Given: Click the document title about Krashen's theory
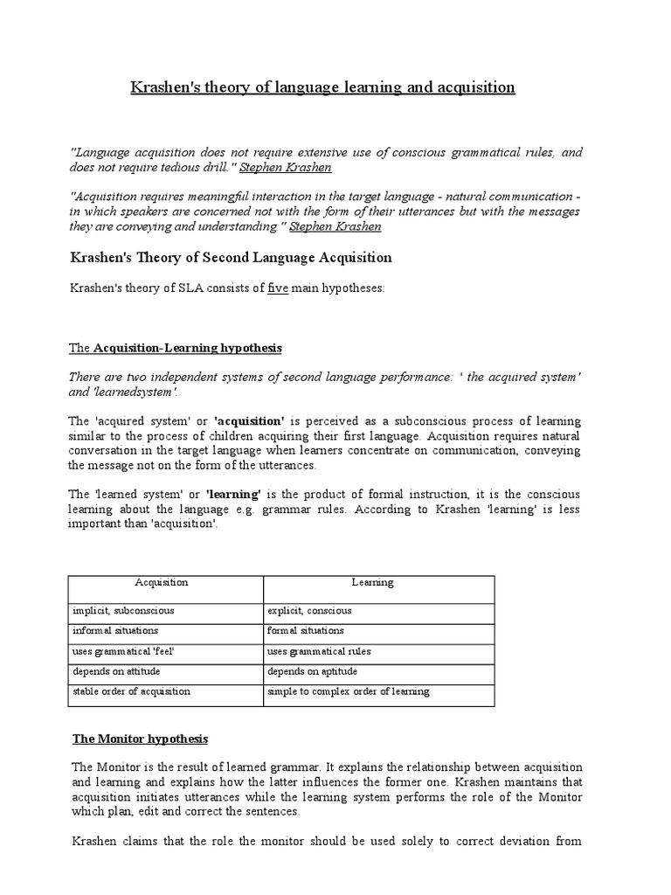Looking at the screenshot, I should click(x=322, y=87).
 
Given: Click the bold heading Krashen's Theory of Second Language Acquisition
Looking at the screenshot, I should click(x=231, y=257).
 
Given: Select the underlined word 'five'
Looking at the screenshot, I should click(x=278, y=288).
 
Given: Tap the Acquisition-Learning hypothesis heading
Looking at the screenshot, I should click(x=176, y=348).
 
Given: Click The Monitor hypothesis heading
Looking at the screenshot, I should click(x=140, y=739).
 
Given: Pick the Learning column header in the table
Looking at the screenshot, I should click(x=373, y=582).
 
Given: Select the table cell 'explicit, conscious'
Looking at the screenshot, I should click(x=309, y=611).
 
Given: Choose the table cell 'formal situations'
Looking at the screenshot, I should click(x=306, y=630).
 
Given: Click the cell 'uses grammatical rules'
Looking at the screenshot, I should click(x=319, y=651).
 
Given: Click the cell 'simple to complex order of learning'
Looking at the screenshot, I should click(x=349, y=691).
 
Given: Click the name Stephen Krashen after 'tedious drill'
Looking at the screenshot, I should click(x=286, y=167).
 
